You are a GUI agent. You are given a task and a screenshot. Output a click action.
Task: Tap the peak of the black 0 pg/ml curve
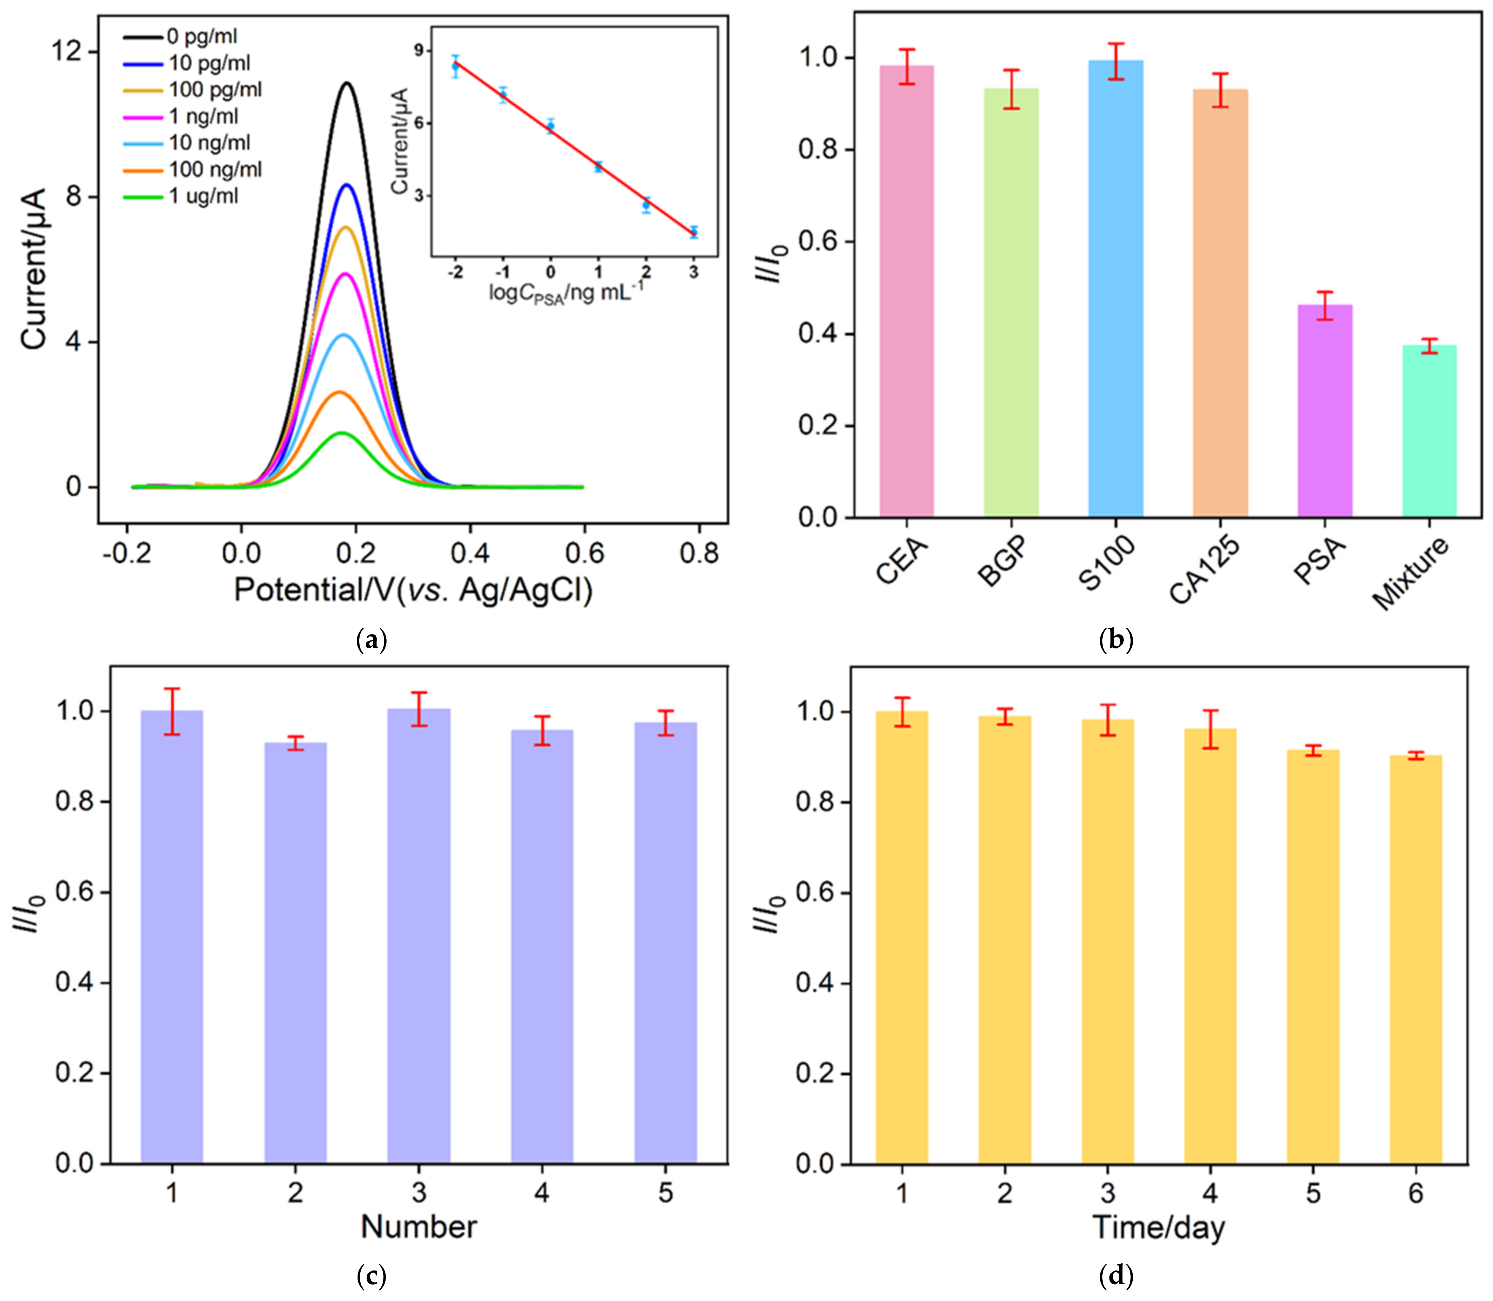348,83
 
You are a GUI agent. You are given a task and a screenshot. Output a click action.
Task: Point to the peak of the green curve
340,434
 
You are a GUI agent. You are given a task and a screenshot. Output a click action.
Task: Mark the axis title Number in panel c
419,1227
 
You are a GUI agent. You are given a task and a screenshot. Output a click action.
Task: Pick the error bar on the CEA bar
907,67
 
